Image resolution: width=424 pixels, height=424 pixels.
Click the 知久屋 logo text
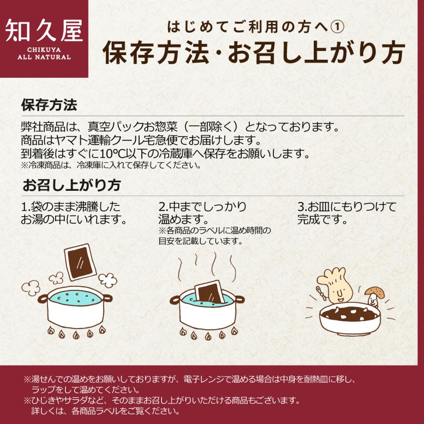click(x=44, y=31)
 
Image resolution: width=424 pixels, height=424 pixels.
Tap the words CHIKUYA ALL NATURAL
click(x=44, y=54)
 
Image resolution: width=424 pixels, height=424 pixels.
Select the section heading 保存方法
click(x=49, y=105)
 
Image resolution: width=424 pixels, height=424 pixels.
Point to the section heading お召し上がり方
click(x=72, y=185)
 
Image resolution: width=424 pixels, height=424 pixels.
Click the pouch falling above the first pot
click(x=80, y=262)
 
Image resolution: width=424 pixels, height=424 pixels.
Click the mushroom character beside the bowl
click(x=374, y=297)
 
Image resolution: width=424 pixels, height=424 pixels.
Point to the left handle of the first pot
click(x=43, y=299)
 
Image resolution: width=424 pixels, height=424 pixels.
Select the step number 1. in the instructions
click(x=25, y=207)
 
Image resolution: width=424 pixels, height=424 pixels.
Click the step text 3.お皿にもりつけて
click(x=347, y=207)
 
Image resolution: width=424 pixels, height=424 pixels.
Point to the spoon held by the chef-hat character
click(x=321, y=294)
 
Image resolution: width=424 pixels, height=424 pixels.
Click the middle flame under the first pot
click(x=76, y=335)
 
